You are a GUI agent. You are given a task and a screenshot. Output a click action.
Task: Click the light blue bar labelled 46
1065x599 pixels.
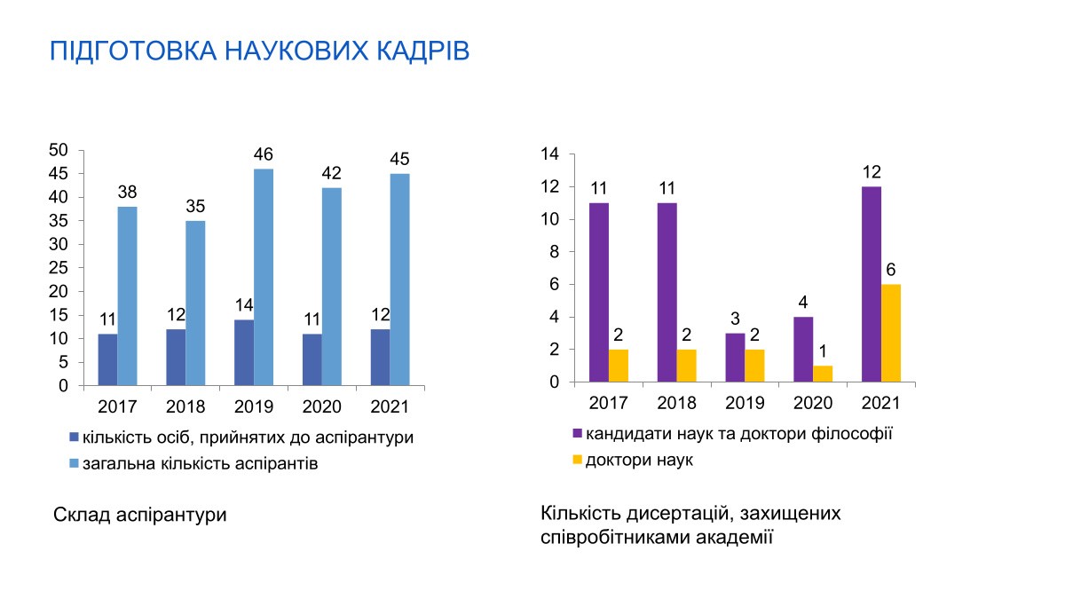(264, 277)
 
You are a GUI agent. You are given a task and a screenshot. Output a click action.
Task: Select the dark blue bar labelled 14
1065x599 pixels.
(244, 353)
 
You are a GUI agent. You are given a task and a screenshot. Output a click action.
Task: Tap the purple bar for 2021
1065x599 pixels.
(872, 284)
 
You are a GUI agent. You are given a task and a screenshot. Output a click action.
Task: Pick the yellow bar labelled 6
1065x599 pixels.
(891, 334)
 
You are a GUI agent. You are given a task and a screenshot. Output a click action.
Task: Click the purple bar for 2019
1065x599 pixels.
(735, 358)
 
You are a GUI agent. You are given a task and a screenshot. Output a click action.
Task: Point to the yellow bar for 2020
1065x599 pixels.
(823, 374)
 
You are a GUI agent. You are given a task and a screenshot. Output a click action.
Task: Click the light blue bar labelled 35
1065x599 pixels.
(195, 303)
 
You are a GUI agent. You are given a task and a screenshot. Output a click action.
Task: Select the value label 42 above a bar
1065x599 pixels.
(331, 173)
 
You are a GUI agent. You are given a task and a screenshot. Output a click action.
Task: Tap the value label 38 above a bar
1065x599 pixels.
(127, 192)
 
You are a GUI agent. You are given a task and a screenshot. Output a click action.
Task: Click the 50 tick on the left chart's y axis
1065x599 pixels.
(59, 150)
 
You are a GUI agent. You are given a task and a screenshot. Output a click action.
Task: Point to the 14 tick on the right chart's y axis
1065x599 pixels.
(549, 154)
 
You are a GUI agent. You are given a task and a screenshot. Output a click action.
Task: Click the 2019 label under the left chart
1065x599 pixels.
(254, 407)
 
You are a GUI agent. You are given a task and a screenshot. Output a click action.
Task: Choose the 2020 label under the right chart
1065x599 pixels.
(813, 403)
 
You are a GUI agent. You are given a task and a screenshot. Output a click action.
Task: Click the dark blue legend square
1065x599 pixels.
(74, 437)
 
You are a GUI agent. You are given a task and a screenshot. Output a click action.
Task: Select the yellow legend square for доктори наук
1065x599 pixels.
(577, 460)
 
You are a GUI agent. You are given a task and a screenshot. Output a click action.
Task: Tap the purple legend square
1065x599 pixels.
(577, 433)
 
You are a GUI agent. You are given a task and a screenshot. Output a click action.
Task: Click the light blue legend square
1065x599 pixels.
(74, 463)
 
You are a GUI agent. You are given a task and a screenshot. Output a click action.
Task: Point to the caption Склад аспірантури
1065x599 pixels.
(140, 515)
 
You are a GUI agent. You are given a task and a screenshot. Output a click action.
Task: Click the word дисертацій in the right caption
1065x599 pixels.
(681, 514)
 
